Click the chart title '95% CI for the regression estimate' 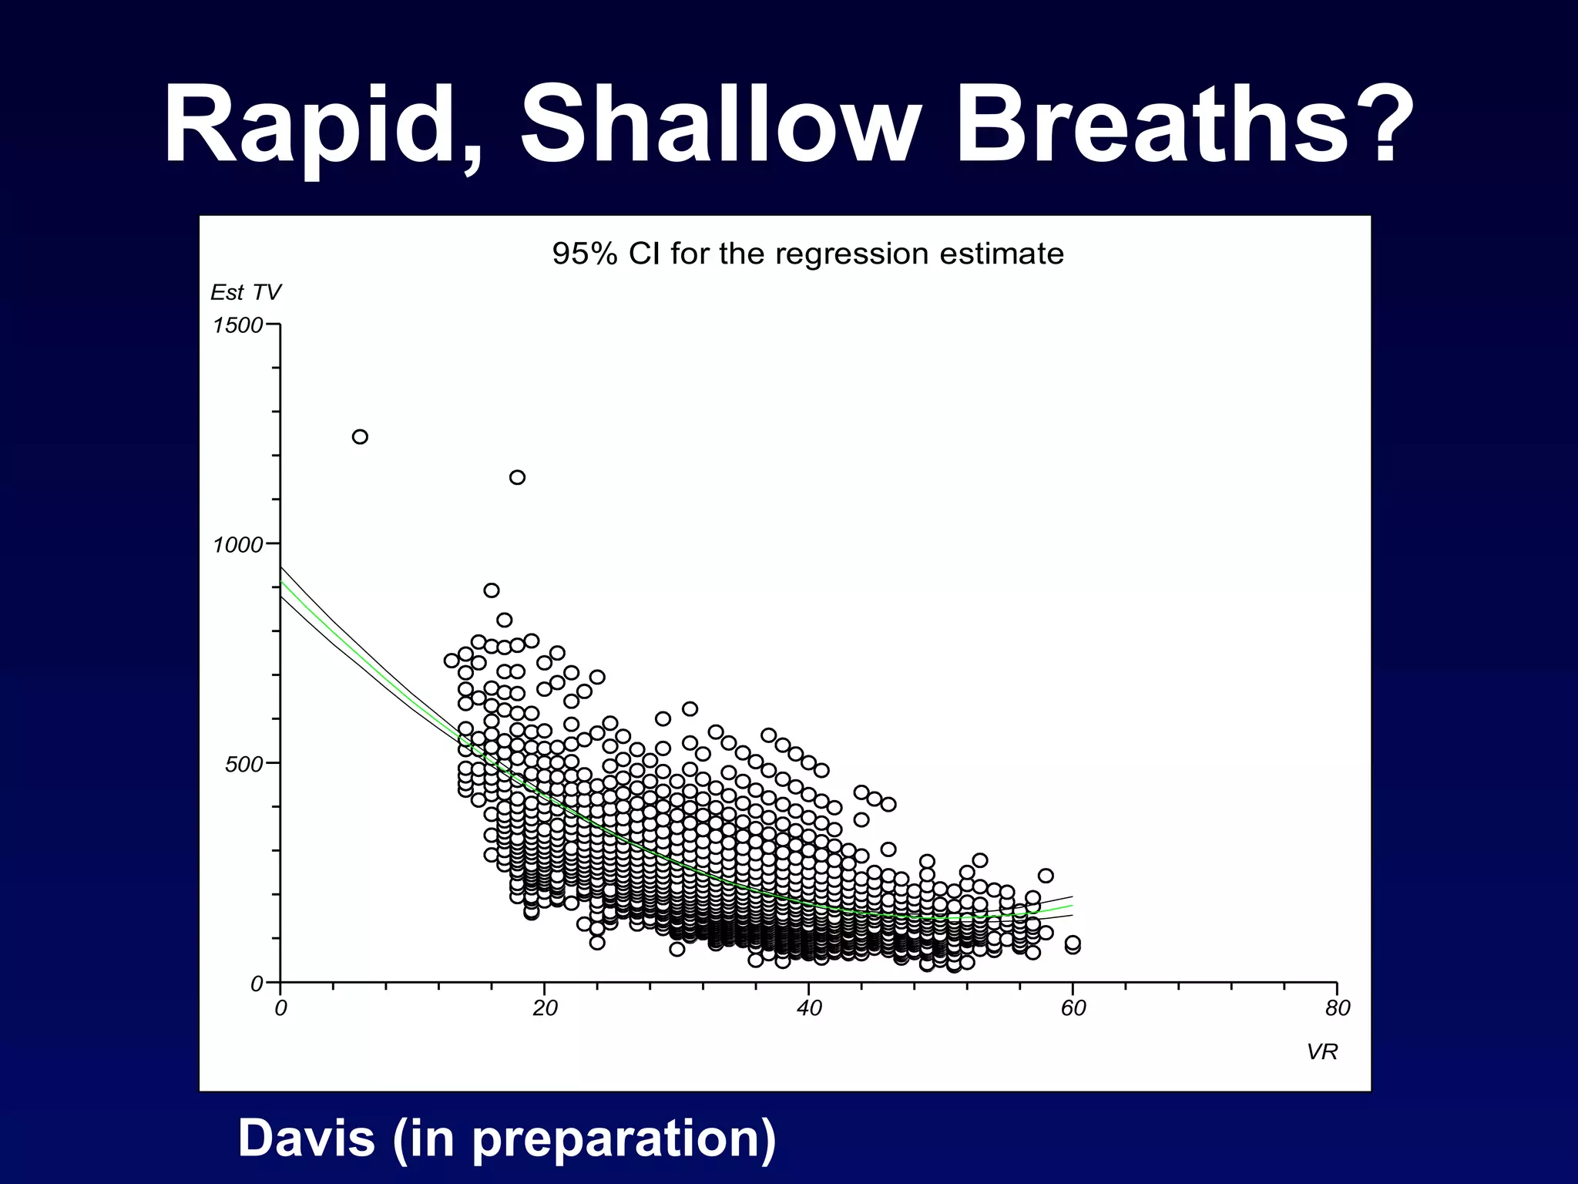pyautogui.click(x=807, y=254)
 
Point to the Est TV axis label pyautogui.click(x=245, y=293)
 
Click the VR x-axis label pyautogui.click(x=1321, y=1052)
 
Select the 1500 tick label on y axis pyautogui.click(x=237, y=325)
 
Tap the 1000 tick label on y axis pyautogui.click(x=237, y=545)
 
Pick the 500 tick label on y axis pyautogui.click(x=243, y=765)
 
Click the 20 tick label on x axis pyautogui.click(x=545, y=1008)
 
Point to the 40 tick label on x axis pyautogui.click(x=809, y=1008)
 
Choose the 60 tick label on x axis pyautogui.click(x=1073, y=1008)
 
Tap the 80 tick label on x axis pyautogui.click(x=1338, y=1008)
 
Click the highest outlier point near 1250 pyautogui.click(x=360, y=437)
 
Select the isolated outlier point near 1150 pyautogui.click(x=518, y=477)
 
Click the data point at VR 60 pyautogui.click(x=1073, y=944)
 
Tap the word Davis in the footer pyautogui.click(x=307, y=1138)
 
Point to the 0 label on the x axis pyautogui.click(x=280, y=1008)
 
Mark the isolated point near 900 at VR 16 pyautogui.click(x=492, y=590)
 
